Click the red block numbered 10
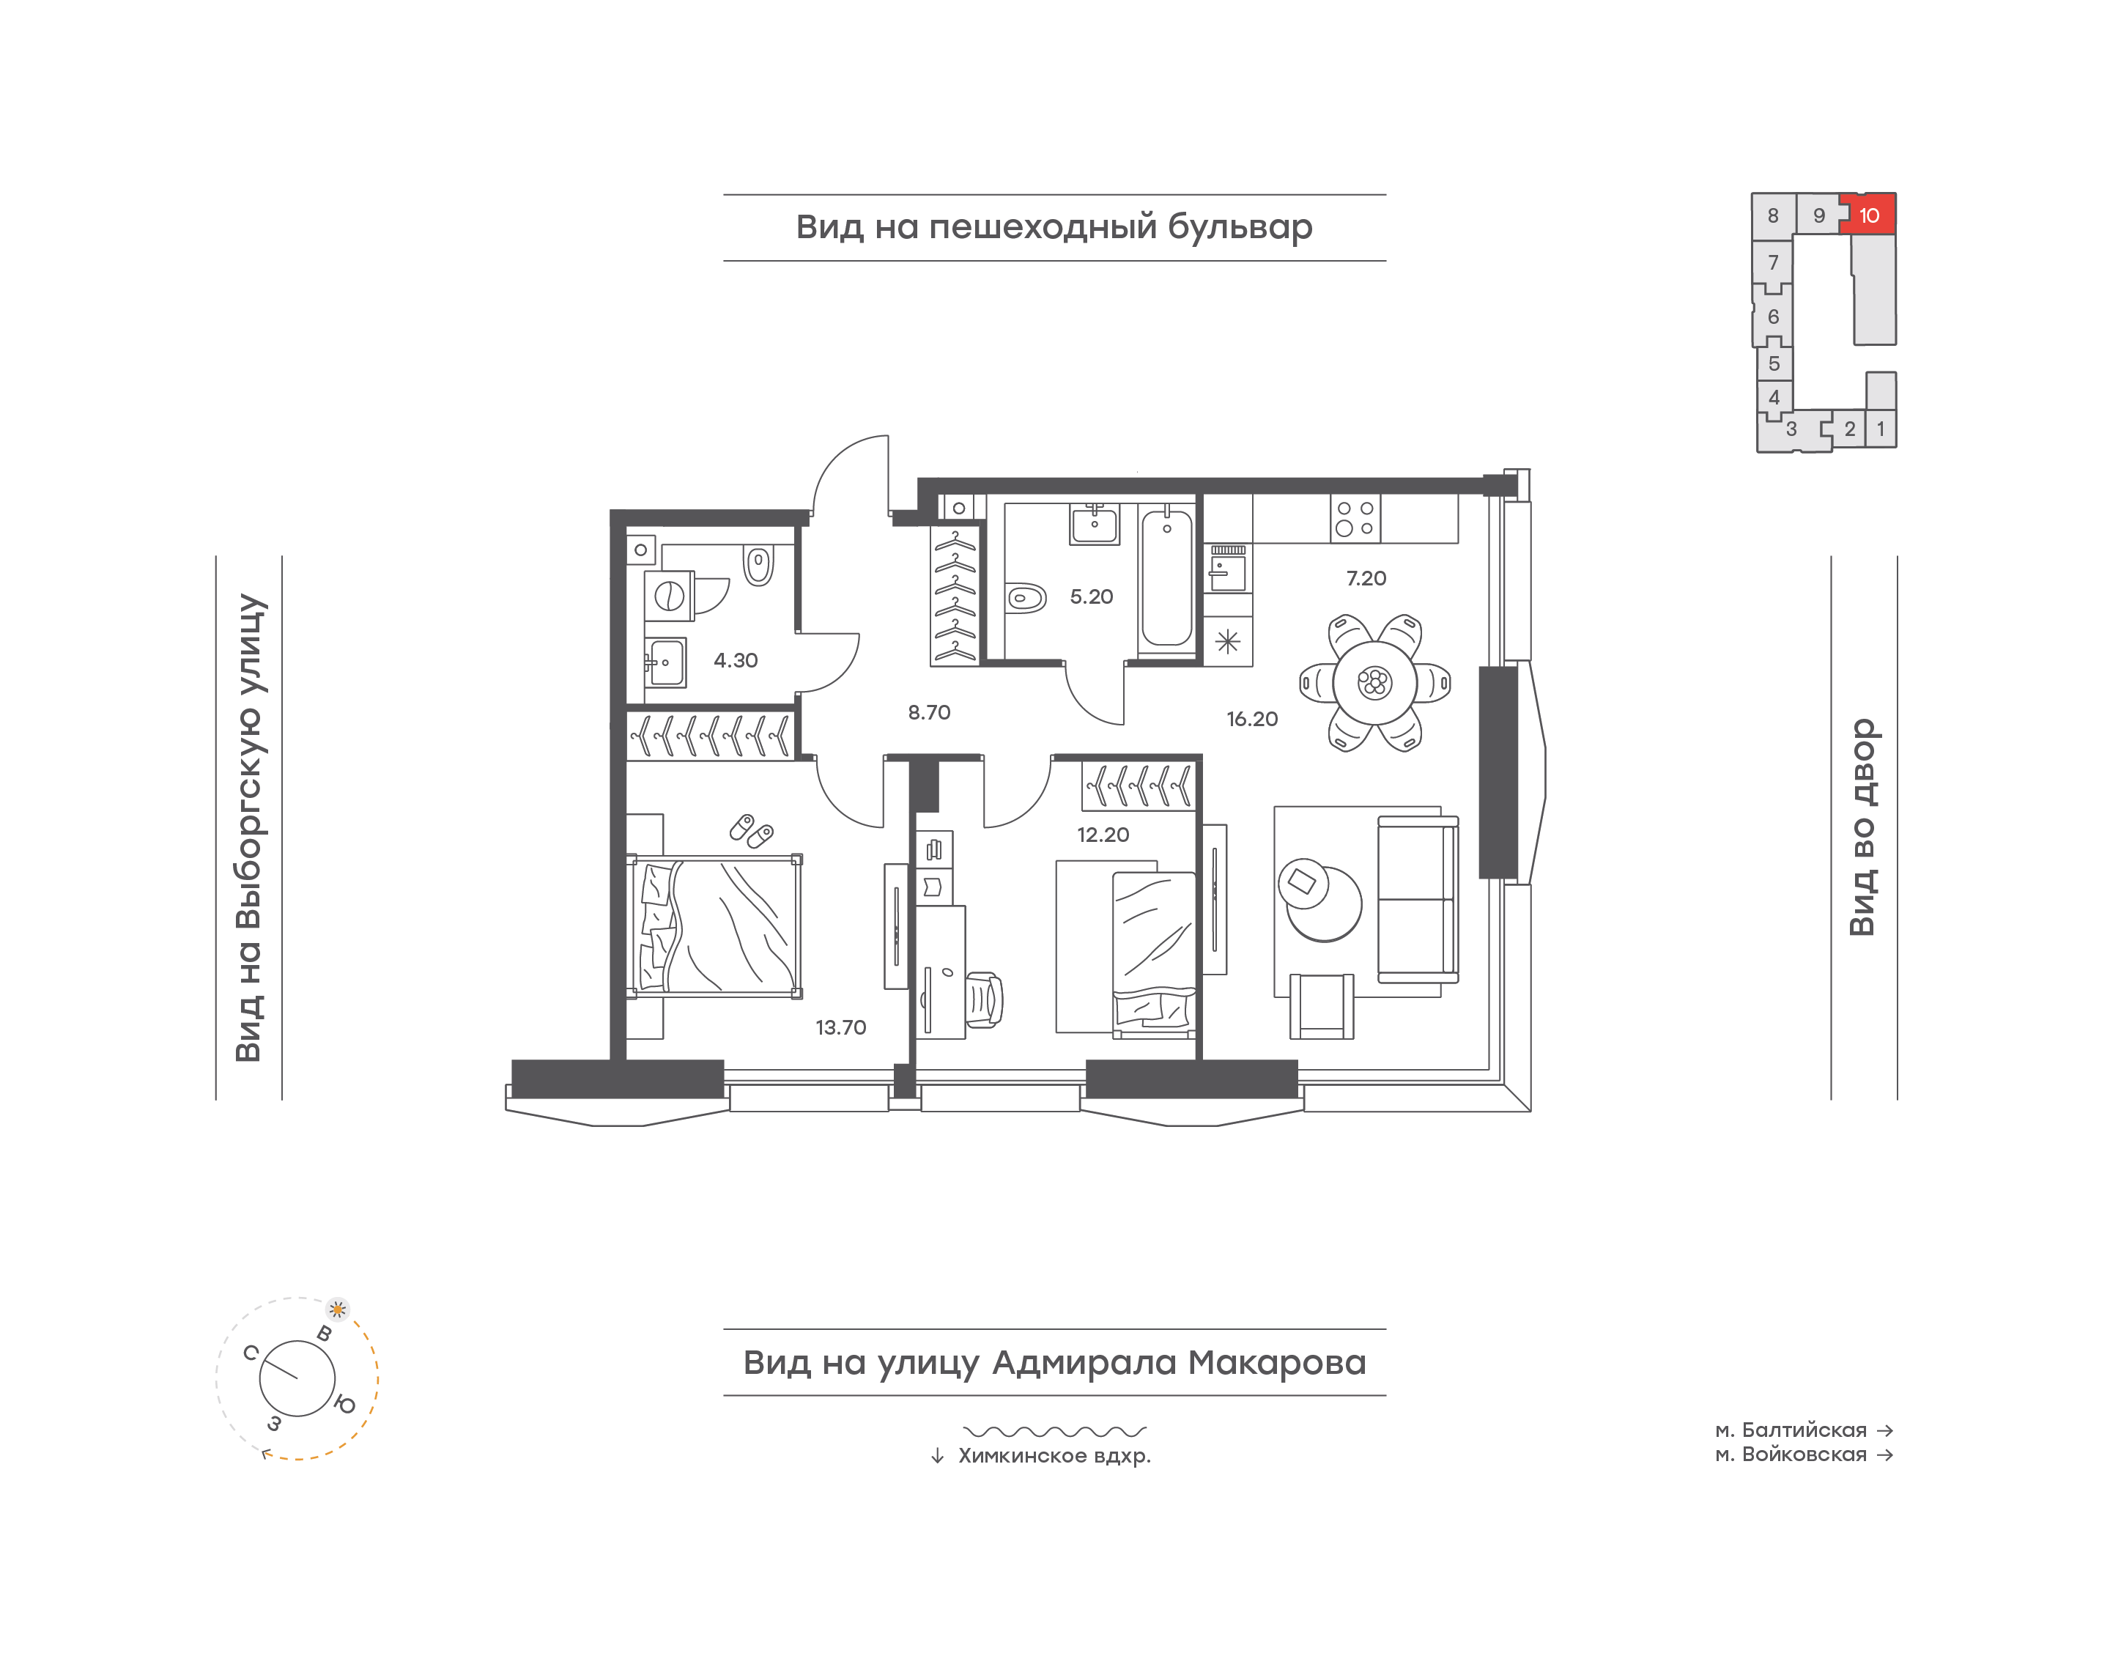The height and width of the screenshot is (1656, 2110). pyautogui.click(x=1870, y=214)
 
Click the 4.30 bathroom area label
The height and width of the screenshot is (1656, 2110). pyautogui.click(x=736, y=660)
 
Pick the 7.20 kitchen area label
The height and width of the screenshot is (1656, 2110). pyautogui.click(x=1366, y=579)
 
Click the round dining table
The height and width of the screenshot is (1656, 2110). pyautogui.click(x=1374, y=684)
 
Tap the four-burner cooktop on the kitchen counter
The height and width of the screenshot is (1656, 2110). pyautogui.click(x=1355, y=519)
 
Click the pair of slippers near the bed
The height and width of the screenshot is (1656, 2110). pyautogui.click(x=751, y=830)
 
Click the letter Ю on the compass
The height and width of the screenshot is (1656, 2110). pyautogui.click(x=344, y=1404)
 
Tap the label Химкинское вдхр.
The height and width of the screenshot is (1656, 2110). pyautogui.click(x=1054, y=1455)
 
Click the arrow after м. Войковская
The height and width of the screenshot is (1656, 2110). pyautogui.click(x=1885, y=1454)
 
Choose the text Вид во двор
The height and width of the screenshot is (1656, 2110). pyautogui.click(x=1863, y=827)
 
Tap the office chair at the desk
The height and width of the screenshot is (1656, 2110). pyautogui.click(x=984, y=999)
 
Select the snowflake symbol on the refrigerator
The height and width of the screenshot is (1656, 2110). pyautogui.click(x=1227, y=642)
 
